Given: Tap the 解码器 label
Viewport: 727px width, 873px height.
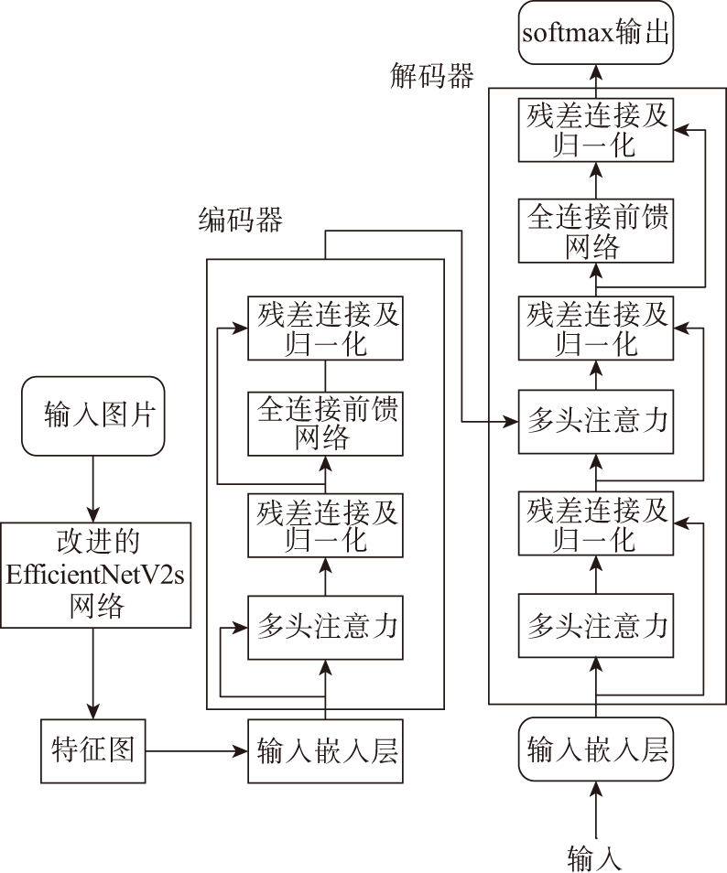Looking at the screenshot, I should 431,78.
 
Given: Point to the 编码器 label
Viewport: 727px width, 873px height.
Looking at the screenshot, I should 240,221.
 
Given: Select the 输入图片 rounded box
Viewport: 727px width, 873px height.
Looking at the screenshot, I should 92,415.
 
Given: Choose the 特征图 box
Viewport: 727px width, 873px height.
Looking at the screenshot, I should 93,751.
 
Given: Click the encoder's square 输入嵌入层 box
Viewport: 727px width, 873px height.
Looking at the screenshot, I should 325,751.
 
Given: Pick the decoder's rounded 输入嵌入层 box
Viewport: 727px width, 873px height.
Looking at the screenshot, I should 595,750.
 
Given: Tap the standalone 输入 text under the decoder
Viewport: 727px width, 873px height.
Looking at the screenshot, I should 595,858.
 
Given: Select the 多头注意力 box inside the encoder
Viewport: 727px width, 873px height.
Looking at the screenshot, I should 325,627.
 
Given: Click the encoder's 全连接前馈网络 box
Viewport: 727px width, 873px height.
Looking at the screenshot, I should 325,424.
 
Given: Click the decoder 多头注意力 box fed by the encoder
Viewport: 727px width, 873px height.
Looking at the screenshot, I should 595,422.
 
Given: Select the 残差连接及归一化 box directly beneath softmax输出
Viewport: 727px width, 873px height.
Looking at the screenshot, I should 595,131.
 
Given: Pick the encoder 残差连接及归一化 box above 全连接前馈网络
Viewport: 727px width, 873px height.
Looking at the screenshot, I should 325,328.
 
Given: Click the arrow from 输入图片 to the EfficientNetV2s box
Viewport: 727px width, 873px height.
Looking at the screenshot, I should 92,490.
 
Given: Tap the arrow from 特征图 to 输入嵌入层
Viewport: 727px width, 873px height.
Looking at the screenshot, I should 196,751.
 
